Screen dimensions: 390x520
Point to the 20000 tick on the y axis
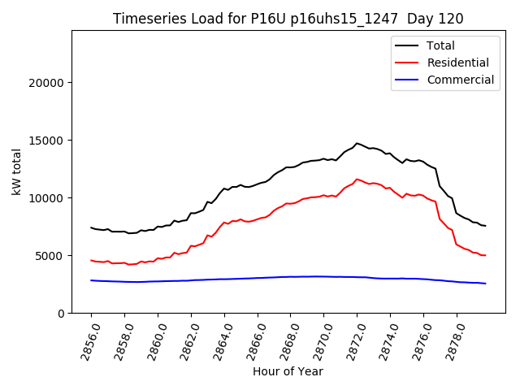[x=46, y=83]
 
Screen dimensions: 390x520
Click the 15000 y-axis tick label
[x=46, y=141]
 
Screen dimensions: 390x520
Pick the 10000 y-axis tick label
[x=46, y=198]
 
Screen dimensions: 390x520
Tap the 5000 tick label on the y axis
[x=50, y=256]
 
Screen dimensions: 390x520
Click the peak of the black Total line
[x=357, y=143]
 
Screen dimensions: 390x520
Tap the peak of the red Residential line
[x=357, y=179]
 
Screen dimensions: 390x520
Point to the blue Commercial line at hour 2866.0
[x=258, y=278]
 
